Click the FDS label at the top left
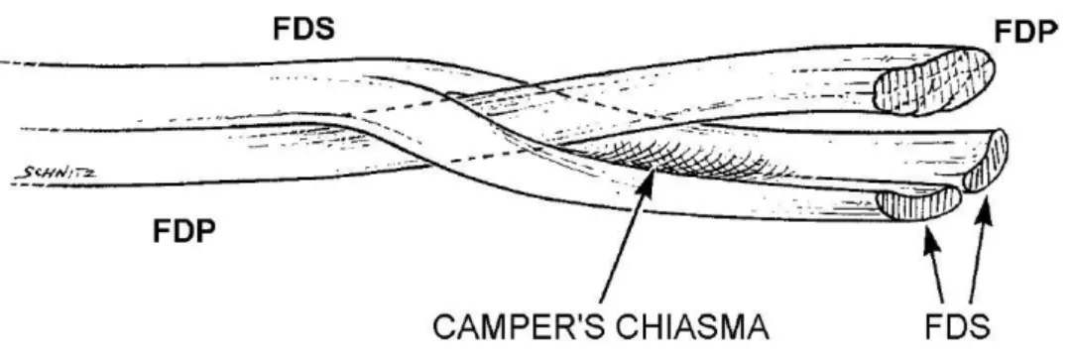click(303, 29)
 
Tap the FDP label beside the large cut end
click(1025, 32)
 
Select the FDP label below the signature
click(183, 232)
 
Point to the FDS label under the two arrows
click(957, 327)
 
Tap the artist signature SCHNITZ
click(56, 174)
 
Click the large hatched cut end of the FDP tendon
click(934, 80)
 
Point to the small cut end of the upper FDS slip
click(986, 162)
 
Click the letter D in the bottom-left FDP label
click(183, 232)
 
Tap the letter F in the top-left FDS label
click(282, 29)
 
